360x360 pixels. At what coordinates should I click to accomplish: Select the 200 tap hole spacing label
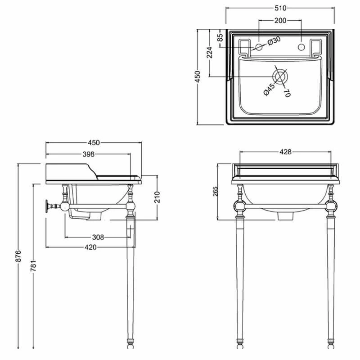280,20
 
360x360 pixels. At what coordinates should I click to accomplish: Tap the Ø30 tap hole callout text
274,41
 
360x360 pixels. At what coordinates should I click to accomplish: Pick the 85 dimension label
220,37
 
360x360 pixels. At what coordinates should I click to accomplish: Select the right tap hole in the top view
301,47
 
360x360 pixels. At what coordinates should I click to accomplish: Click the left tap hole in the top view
259,47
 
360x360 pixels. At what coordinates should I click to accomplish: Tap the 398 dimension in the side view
88,154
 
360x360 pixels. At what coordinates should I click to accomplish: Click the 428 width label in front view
285,152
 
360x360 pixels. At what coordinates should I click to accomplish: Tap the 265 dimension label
216,192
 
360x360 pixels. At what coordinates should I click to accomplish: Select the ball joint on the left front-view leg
238,207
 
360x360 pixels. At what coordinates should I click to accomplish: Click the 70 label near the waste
286,93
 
